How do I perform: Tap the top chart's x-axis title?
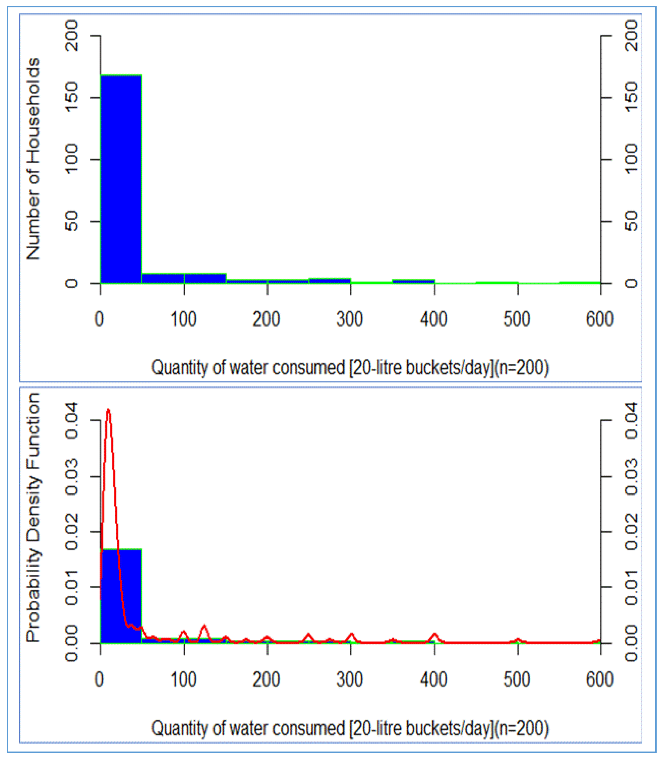(350, 368)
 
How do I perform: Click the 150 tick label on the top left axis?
(71, 97)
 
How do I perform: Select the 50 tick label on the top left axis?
(71, 221)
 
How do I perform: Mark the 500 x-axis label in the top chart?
(516, 319)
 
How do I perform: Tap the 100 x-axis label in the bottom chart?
(183, 680)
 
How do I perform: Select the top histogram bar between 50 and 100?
(163, 278)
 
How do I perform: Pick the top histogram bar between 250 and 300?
(330, 281)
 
